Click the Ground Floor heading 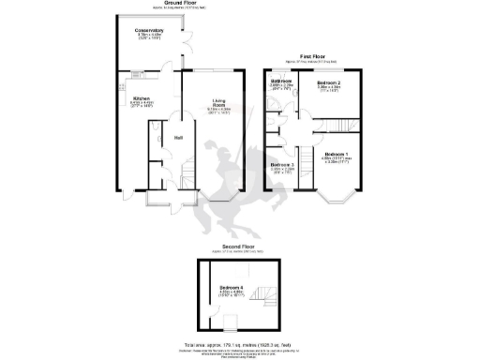[x=159, y=3]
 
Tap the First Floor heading [x=312, y=56]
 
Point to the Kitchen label [x=141, y=97]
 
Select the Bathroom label [x=282, y=82]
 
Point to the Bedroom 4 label [x=231, y=288]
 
